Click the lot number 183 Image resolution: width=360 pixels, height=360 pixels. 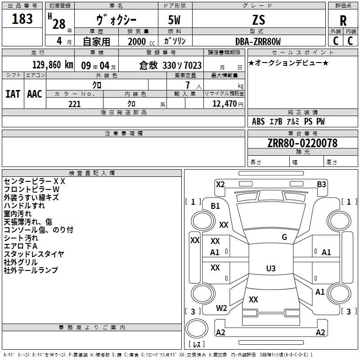pos(22,18)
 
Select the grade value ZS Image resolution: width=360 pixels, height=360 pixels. pos(259,20)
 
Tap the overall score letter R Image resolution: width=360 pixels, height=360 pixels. pos(343,21)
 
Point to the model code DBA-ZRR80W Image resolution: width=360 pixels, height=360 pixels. pos(258,41)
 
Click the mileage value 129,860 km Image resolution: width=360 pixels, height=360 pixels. pos(53,65)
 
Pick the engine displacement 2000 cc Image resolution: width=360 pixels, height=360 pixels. pos(141,42)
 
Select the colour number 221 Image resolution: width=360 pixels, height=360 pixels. pos(75,104)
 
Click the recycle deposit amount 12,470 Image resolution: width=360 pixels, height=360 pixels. pos(225,104)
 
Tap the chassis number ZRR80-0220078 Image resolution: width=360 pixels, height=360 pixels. pos(302,143)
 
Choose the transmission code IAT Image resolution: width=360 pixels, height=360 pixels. pos(13,94)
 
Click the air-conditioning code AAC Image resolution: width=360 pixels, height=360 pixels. pos(35,94)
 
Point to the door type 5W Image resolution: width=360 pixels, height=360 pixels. pos(174,20)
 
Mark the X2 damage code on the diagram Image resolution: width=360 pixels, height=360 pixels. pos(220,184)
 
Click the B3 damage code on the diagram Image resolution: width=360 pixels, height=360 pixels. pos(321,184)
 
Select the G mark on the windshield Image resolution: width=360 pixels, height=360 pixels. pos(284,237)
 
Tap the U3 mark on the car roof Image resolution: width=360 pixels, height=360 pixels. pos(271,268)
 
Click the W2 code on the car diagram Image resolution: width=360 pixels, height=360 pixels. pos(221,308)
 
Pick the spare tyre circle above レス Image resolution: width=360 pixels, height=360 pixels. pos(197,328)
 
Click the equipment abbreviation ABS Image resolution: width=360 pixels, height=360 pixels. pos(258,121)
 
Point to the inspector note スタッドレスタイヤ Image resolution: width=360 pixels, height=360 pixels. pos(34,254)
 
